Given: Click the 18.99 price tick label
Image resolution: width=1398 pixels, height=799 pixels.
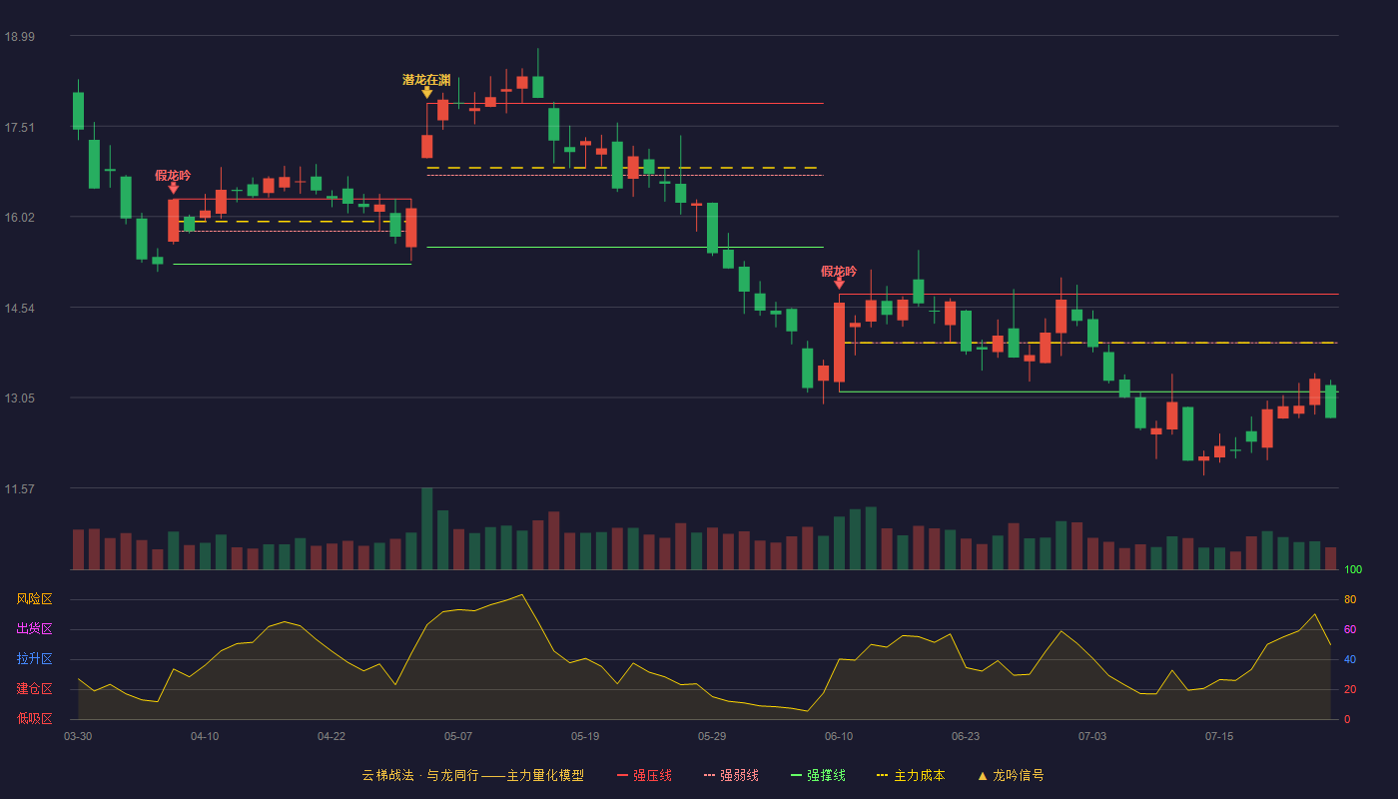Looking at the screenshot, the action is coord(20,36).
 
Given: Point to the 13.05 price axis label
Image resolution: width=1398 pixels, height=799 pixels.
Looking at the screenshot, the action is coord(20,399).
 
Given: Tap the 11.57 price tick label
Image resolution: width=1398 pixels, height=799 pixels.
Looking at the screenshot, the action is coord(20,488).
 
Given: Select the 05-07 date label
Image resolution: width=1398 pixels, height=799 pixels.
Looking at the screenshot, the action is coord(458,737).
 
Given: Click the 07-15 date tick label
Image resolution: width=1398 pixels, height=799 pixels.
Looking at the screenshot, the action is coord(1219,737).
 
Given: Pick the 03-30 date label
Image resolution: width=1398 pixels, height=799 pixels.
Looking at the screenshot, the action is coord(78,737).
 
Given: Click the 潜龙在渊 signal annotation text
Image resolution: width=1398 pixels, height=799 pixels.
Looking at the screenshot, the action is coord(426,80).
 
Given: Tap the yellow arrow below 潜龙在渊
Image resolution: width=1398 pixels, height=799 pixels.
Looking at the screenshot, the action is coord(427,92).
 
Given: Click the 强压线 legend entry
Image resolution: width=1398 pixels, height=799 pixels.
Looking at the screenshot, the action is coord(645,775).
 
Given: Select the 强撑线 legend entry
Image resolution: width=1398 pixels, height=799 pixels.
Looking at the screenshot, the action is coord(818,775).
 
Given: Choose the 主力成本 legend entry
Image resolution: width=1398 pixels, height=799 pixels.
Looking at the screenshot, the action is coord(911,775).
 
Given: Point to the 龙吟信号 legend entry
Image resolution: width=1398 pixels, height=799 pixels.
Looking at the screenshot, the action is coord(1011,775).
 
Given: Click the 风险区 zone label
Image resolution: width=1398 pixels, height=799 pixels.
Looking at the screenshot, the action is coord(34,599).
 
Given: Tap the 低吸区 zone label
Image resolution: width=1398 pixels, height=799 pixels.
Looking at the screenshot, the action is coord(34,719).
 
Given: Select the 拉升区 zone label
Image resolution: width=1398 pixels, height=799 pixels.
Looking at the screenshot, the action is coord(34,659).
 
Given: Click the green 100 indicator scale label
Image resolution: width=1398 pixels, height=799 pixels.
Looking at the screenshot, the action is coord(1353,569).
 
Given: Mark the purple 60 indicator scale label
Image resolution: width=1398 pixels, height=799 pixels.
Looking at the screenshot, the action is coord(1350,629).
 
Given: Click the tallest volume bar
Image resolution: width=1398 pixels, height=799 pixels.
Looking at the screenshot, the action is coord(427,528).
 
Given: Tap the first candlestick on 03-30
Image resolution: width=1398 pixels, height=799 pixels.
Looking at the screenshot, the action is coord(78,111).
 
